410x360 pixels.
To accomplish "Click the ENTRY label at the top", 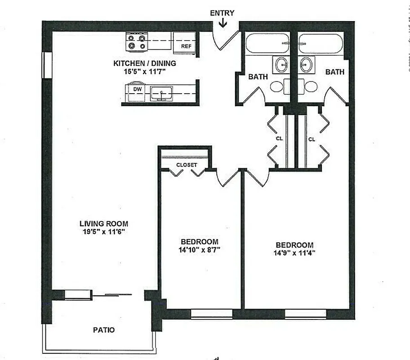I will point(222,13).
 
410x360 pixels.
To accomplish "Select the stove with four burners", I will point(137,42).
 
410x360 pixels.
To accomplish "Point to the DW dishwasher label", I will point(138,90).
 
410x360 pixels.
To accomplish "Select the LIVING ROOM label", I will point(104,223).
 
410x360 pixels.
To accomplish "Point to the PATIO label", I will point(104,330).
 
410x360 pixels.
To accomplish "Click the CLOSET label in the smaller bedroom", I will point(187,165).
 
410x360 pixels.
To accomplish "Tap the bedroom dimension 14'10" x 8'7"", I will point(200,249).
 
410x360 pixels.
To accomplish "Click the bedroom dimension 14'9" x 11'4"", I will point(295,252).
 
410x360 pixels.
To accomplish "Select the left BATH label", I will point(258,76).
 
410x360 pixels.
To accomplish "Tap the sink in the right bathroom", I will point(307,64).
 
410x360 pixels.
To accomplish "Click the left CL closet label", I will point(279,139).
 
